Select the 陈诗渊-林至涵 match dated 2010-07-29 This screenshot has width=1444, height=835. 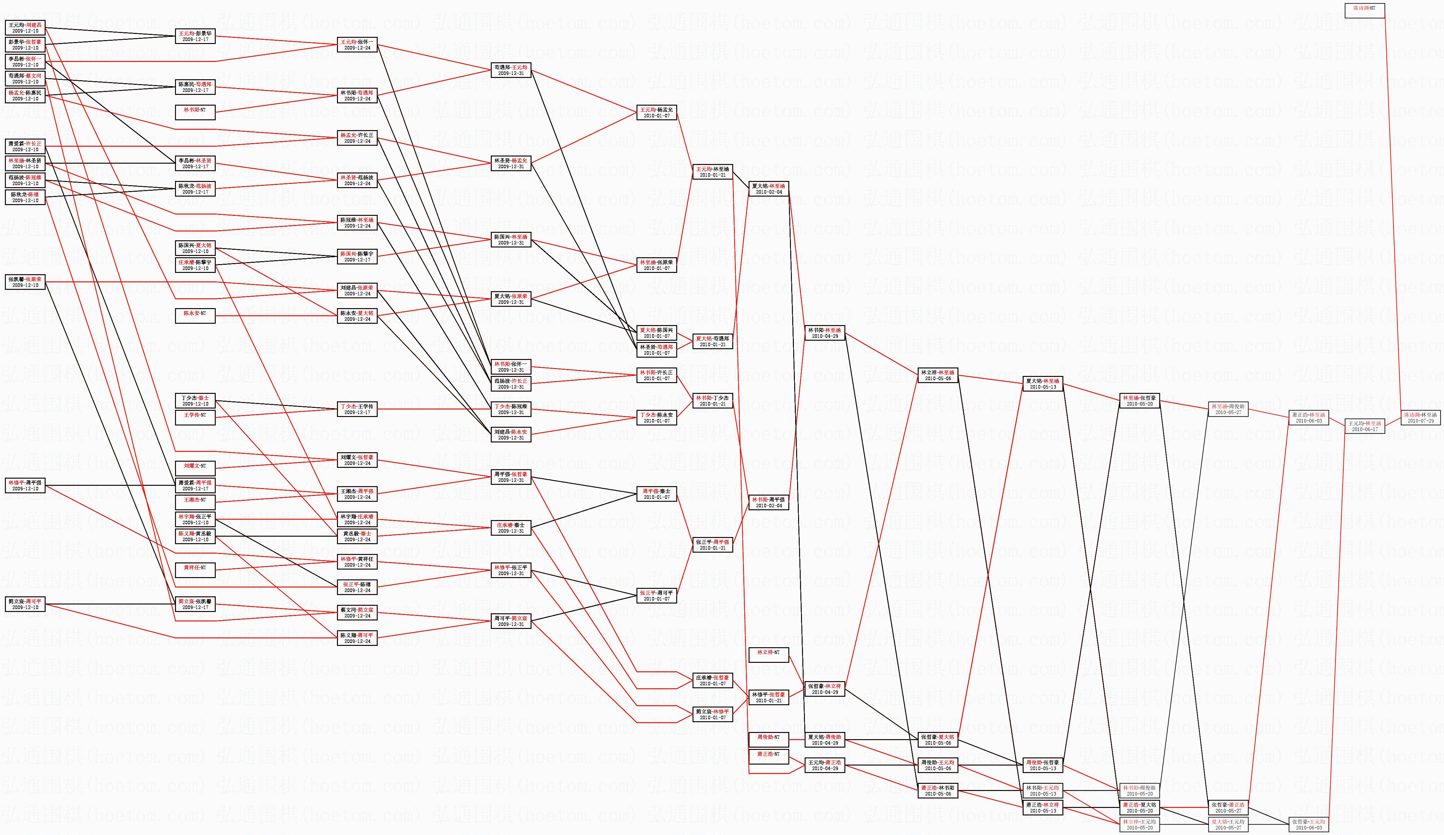click(1421, 417)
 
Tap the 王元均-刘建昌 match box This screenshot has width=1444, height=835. click(25, 27)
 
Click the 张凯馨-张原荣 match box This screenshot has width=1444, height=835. click(25, 282)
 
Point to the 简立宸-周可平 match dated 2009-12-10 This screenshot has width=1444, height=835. click(25, 604)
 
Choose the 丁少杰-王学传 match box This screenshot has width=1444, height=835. click(357, 409)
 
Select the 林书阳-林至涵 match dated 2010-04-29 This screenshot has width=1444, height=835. click(824, 333)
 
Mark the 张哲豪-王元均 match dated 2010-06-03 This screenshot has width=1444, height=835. click(1309, 824)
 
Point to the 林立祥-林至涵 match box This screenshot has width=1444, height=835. click(938, 375)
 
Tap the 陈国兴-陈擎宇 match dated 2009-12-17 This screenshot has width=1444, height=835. click(357, 256)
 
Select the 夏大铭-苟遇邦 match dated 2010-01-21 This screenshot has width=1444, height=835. click(713, 341)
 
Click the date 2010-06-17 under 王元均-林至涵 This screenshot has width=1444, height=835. click(1364, 429)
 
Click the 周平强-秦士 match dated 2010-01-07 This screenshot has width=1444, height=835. click(657, 494)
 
